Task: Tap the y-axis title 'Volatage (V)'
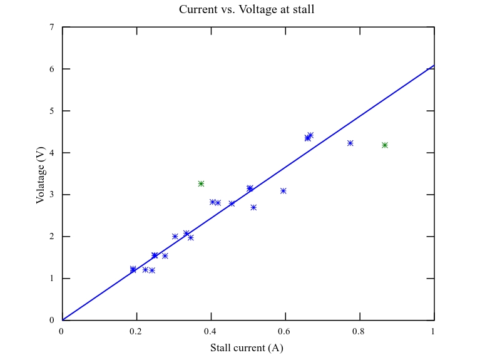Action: tap(41, 173)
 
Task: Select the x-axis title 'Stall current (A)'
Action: tap(247, 348)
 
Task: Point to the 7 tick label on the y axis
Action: tap(51, 28)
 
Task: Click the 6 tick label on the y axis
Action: tap(51, 69)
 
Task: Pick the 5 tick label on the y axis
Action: tap(51, 111)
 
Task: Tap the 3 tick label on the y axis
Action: tap(51, 195)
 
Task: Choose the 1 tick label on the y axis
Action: tap(51, 279)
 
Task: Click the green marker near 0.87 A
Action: tap(385, 145)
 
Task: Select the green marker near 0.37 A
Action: tap(201, 183)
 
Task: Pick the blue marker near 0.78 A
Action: tap(350, 143)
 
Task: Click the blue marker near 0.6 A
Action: tap(283, 191)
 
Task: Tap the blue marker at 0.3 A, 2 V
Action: tap(175, 237)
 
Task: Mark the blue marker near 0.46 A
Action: tap(232, 203)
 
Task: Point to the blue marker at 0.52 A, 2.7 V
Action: tap(253, 207)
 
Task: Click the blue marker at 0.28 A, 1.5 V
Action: tap(165, 256)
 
